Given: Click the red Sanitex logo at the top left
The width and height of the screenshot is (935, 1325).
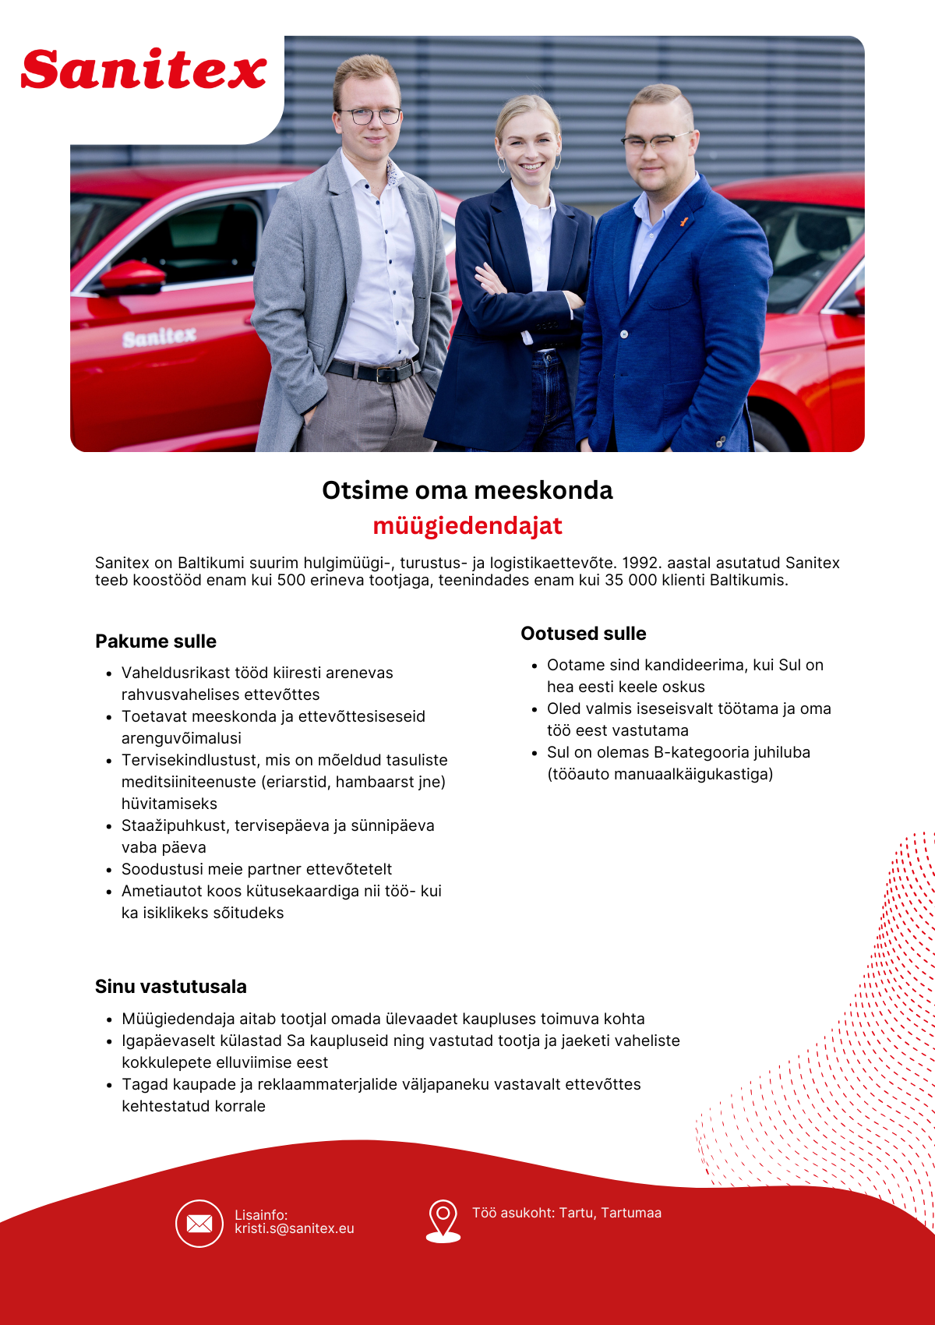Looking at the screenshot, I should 144,70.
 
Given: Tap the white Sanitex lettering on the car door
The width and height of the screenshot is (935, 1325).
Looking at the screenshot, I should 160,337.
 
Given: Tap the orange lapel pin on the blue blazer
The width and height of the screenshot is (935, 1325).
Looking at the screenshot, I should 684,222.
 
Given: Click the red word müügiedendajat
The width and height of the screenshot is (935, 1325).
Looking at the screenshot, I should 467,526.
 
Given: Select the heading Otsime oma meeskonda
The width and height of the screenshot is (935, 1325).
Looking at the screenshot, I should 467,490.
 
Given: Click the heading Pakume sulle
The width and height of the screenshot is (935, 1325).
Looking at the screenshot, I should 156,641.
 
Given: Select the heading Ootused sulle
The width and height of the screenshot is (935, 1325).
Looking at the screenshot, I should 584,634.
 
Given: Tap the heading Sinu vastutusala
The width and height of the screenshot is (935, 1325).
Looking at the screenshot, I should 171,987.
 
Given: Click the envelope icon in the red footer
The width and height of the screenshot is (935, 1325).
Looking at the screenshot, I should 199,1224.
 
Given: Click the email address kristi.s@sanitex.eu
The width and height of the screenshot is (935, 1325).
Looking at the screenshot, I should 295,1228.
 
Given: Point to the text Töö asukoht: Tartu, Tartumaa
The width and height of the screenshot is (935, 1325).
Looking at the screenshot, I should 566,1213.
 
